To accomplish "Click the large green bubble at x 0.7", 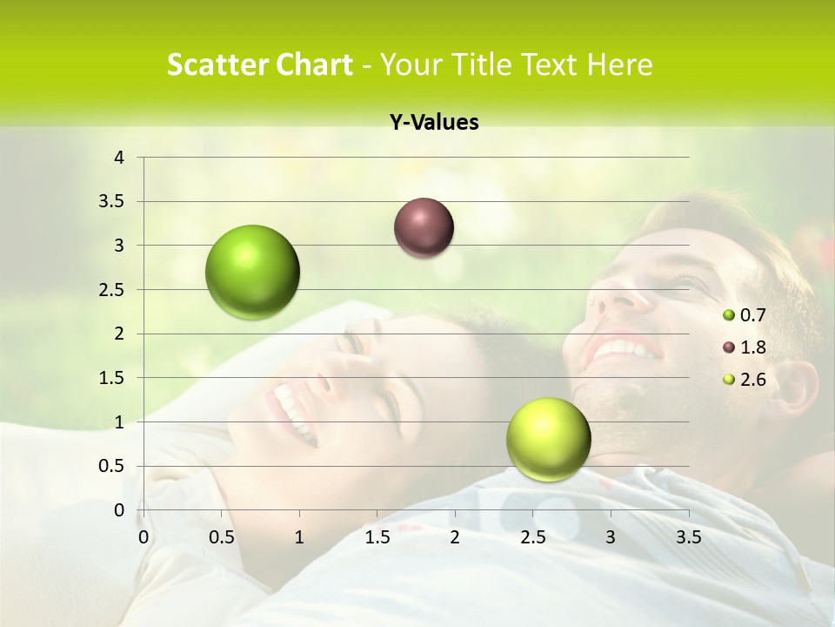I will (253, 272).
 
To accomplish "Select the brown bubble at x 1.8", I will (424, 227).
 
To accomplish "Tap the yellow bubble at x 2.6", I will (548, 439).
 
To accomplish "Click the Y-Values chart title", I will (434, 123).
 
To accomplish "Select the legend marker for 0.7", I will (729, 315).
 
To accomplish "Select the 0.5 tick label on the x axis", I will (222, 537).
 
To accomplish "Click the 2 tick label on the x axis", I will (455, 537).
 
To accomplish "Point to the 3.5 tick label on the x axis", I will (688, 537).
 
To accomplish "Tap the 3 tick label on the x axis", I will (611, 537).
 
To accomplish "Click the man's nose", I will (613, 296).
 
